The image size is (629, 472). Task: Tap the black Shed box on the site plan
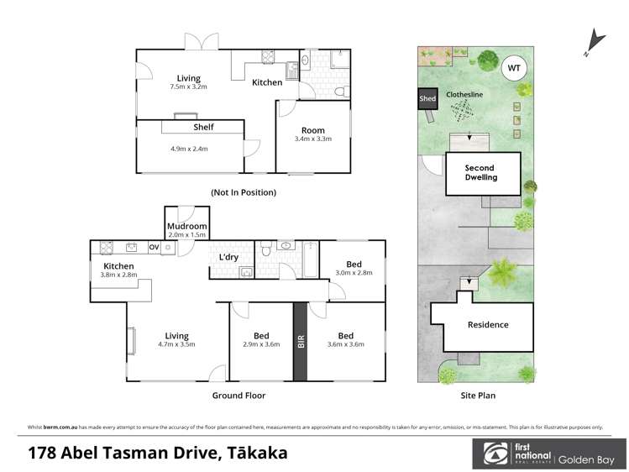[427, 99]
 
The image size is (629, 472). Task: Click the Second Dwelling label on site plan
[481, 172]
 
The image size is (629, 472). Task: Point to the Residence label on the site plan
[487, 325]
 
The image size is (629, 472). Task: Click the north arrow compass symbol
[595, 40]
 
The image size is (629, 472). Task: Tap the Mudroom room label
[187, 226]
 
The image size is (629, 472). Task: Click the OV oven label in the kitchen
[154, 247]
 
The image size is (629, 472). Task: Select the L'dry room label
[229, 256]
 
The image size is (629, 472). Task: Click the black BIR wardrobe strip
[300, 341]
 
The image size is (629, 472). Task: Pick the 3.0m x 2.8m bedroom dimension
[354, 273]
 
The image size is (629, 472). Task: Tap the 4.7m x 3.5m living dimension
[176, 344]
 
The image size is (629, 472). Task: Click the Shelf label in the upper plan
[203, 128]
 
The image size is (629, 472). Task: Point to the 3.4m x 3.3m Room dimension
[313, 139]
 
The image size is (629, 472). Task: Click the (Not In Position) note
[244, 192]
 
